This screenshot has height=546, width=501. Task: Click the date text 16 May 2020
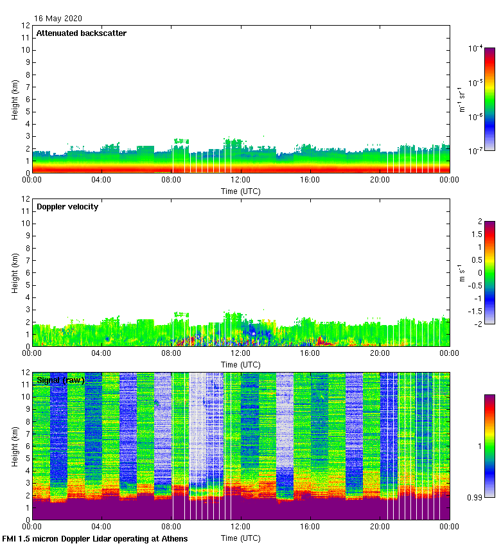pos(58,19)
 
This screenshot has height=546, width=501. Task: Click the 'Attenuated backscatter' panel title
pos(81,33)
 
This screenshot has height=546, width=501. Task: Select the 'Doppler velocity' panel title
pos(67,207)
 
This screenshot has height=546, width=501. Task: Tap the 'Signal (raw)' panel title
pos(61,380)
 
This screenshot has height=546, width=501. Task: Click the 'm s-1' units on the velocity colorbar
pos(459,272)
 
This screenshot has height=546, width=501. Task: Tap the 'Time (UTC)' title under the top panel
pos(241,191)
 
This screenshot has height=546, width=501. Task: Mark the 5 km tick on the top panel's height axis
pos(27,112)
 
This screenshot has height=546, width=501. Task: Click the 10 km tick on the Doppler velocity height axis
pos(25,224)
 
